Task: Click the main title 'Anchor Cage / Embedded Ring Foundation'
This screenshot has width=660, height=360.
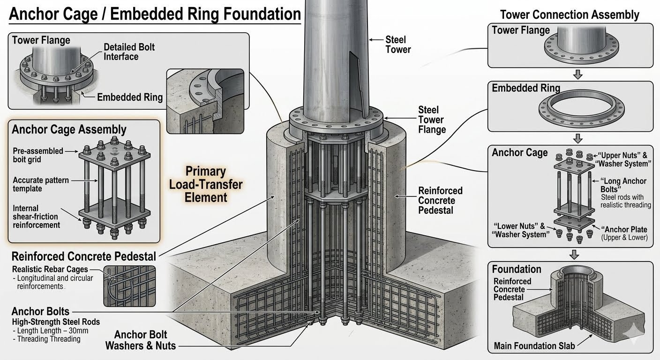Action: (x=155, y=14)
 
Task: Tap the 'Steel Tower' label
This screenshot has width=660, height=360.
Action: (x=398, y=45)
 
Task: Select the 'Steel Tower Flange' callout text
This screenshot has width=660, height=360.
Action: (x=432, y=120)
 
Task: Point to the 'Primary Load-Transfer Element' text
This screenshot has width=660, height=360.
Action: (x=206, y=184)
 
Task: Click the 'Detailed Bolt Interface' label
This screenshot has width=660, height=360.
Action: (x=129, y=52)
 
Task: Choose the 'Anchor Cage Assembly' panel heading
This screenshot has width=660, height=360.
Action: (x=69, y=129)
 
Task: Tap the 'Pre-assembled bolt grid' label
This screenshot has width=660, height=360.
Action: (x=38, y=155)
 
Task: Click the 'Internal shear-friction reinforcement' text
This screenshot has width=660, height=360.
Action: (x=36, y=217)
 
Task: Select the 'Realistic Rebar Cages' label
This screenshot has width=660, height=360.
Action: (x=50, y=269)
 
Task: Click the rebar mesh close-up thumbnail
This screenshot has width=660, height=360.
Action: (x=129, y=286)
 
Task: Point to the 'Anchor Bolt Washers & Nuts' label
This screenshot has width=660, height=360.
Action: (x=141, y=340)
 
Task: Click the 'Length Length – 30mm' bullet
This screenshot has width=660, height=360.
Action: (x=50, y=330)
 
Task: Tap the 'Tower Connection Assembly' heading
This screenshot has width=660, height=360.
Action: (x=570, y=15)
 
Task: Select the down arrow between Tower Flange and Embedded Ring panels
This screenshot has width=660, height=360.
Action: (x=578, y=74)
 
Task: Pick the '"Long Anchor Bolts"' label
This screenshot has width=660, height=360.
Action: (x=623, y=185)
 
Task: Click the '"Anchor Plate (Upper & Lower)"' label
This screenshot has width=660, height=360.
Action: (x=624, y=233)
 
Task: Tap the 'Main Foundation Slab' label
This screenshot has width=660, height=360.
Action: (x=534, y=345)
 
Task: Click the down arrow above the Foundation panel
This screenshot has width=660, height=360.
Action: (x=574, y=255)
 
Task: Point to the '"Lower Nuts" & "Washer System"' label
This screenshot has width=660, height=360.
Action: (x=521, y=230)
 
